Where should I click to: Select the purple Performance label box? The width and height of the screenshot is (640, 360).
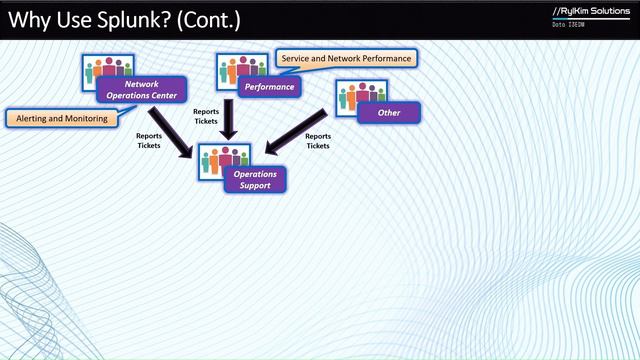coord(269,87)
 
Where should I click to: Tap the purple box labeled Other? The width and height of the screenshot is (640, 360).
coord(388,113)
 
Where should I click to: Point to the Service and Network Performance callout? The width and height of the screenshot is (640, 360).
coord(346,59)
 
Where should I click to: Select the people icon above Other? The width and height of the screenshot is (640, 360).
coord(360,95)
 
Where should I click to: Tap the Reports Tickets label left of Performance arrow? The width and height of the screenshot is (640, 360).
coord(206,116)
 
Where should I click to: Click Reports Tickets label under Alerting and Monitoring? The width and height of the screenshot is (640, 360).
coord(149,140)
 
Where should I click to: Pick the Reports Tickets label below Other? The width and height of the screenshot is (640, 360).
coord(318,141)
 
